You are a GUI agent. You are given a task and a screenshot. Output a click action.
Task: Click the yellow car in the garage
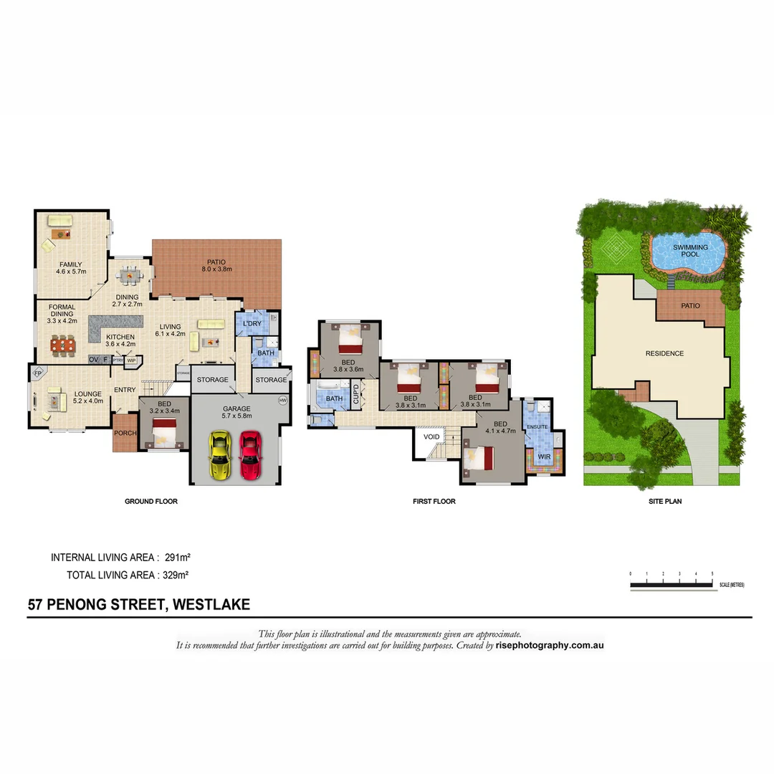(219, 454)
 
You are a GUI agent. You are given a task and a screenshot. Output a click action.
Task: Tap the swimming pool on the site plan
(688, 252)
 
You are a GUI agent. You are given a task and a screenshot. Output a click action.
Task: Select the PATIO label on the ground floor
(216, 262)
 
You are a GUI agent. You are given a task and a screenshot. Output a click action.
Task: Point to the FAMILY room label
(71, 264)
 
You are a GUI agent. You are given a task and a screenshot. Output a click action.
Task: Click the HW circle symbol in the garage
(282, 401)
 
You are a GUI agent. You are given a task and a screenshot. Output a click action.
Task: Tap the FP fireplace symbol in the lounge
(38, 373)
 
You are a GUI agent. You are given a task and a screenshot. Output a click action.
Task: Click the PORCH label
(124, 432)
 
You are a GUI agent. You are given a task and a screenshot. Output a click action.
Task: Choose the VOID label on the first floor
(431, 436)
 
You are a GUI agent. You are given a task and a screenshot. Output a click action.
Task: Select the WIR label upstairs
(544, 457)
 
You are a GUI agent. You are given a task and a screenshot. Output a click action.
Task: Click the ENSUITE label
(537, 427)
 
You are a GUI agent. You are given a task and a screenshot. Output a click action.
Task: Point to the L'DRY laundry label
(252, 324)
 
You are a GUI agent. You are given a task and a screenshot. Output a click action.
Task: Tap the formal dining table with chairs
(63, 345)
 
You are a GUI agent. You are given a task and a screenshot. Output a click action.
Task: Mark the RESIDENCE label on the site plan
(664, 353)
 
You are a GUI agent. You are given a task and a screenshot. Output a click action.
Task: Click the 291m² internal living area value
(177, 557)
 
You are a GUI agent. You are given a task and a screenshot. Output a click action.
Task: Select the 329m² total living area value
(177, 575)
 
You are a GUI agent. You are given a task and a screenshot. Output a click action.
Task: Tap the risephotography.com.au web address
(550, 645)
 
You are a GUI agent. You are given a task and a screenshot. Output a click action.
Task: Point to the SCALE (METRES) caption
(732, 585)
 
